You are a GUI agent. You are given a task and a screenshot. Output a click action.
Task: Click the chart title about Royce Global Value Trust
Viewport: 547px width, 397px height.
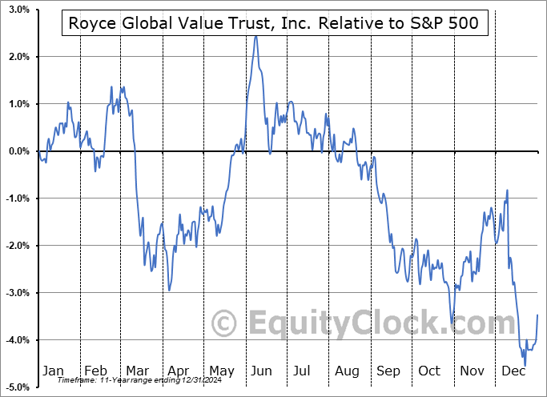click(273, 23)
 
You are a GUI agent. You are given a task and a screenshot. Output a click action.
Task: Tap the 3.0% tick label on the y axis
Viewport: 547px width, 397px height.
click(18, 10)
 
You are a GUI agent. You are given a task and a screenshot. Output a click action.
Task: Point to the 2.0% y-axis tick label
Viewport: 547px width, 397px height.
click(18, 57)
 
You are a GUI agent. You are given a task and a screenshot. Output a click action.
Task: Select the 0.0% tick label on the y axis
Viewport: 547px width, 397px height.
click(18, 151)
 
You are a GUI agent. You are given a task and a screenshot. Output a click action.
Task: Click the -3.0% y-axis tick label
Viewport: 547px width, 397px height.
click(16, 293)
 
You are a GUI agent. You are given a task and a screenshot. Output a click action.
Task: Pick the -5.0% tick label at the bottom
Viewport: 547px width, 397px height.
click(16, 387)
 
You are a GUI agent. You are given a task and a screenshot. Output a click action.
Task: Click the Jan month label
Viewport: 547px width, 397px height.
click(53, 371)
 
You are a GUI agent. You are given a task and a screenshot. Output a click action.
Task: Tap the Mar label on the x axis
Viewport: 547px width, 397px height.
click(137, 371)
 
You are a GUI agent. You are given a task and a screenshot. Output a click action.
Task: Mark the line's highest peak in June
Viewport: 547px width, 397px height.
click(255, 36)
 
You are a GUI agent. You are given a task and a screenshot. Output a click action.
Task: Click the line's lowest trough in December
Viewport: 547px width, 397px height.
click(525, 366)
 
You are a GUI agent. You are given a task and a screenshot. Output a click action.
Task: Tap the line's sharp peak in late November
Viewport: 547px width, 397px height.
click(507, 190)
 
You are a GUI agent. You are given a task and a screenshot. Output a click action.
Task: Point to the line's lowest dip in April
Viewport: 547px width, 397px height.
click(169, 290)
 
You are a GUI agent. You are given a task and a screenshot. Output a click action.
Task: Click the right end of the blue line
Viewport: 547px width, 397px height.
click(537, 315)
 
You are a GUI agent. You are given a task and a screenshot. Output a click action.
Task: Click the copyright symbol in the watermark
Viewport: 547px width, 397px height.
click(224, 323)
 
